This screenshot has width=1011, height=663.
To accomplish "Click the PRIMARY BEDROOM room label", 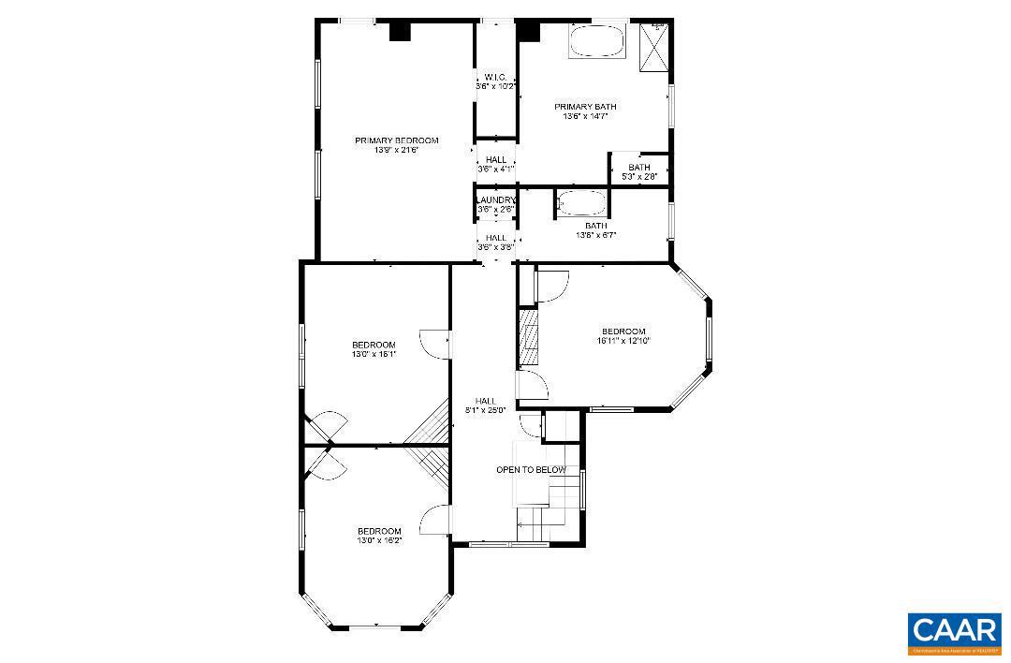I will coord(396,140).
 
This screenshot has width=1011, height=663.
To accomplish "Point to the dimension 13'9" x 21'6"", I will coord(396,150).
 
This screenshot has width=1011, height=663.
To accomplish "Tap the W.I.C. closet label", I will coord(495,77).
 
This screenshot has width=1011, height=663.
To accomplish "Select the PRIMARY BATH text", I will coord(585,107).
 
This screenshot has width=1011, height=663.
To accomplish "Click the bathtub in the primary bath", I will coord(596,41).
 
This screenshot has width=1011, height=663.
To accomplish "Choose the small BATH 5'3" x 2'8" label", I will coord(639,168).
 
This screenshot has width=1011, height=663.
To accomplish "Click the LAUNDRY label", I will coord(495,200).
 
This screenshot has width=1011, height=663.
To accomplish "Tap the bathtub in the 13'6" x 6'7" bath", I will coord(582,203).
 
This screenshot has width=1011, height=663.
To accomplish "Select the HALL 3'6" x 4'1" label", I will coord(495,160).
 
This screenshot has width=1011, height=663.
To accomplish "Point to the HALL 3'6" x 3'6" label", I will coord(495,238).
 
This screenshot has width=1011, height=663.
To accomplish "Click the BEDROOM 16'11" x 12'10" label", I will coord(623,331).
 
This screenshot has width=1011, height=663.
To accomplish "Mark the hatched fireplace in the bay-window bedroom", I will coord(529,337).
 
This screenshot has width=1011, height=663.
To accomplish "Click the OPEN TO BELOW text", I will coord(531,470).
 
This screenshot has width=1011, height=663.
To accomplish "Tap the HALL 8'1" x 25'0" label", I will coord(485,401).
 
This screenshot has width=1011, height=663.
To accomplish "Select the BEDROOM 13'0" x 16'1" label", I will coord(374,345).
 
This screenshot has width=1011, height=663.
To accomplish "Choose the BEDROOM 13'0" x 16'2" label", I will coord(379,531).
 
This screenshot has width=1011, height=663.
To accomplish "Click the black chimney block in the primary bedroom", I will coord(400,31).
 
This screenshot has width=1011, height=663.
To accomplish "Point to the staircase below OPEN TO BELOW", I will coord(549,510).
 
